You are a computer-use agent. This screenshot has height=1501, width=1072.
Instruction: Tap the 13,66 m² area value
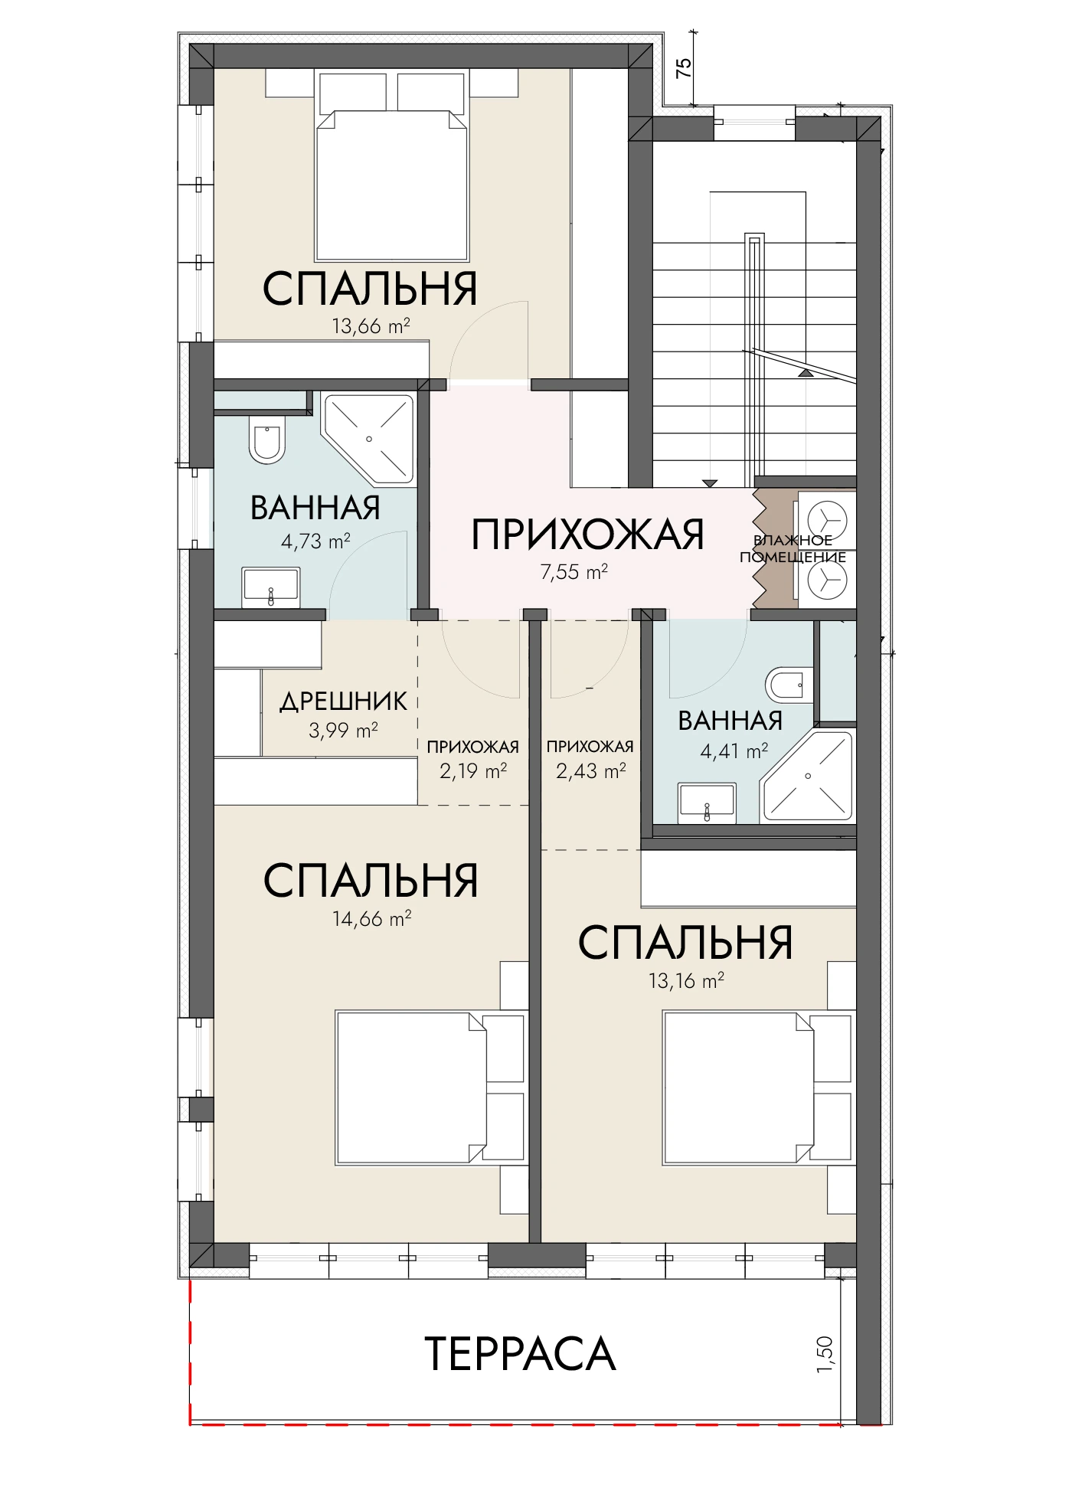pos(371,326)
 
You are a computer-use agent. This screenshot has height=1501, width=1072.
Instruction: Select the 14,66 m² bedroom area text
pos(372,917)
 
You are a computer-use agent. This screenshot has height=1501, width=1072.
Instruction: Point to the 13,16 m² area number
pos(686,980)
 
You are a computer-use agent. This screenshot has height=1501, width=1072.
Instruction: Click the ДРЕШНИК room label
pos(343,701)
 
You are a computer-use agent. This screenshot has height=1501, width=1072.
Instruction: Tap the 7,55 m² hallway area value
pos(574,572)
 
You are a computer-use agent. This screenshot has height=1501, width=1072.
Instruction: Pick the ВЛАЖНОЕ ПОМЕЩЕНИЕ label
pos(793,549)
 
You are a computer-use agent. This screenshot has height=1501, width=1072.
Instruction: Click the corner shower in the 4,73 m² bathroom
pos(369,439)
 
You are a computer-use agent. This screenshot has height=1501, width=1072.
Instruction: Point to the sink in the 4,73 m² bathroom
pos(270,587)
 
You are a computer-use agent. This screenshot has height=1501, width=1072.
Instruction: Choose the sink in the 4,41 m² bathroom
pos(707,803)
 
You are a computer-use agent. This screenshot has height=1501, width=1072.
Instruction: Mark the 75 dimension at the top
pos(685,67)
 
